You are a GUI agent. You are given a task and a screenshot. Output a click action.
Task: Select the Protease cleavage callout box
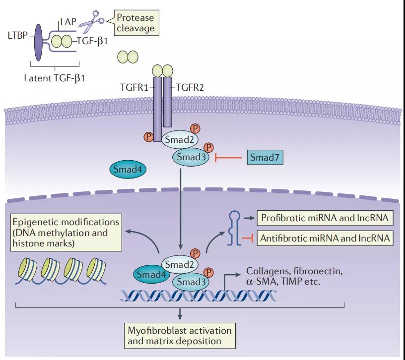135,23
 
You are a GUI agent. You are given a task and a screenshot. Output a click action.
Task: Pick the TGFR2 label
191,88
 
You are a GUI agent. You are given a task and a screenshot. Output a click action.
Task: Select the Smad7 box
263,159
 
